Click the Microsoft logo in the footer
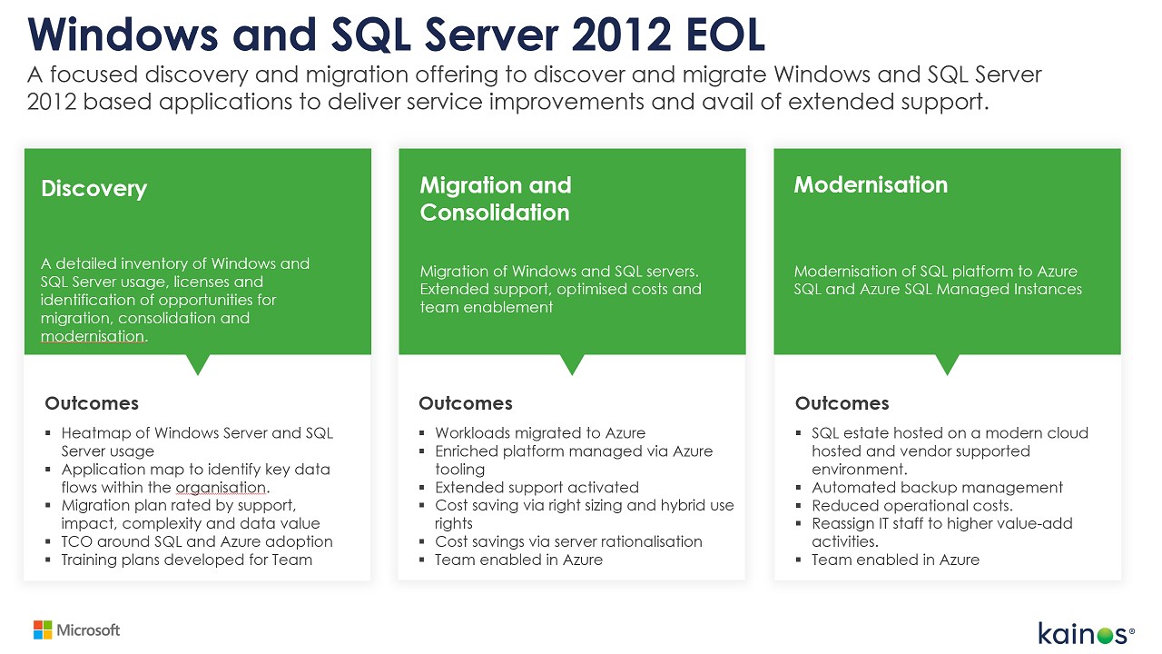click(x=76, y=629)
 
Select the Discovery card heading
click(x=94, y=189)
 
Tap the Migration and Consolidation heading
click(x=495, y=199)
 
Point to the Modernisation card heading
click(x=871, y=184)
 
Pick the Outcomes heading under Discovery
click(x=92, y=403)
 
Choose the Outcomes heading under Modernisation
click(x=842, y=403)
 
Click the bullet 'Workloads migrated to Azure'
click(x=540, y=433)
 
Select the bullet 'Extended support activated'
click(x=537, y=488)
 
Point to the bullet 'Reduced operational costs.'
click(x=911, y=506)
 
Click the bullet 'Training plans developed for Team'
click(x=186, y=560)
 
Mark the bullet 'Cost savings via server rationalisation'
click(x=568, y=541)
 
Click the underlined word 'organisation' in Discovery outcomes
click(x=213, y=488)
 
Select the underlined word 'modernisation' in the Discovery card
click(x=93, y=336)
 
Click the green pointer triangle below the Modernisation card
click(x=947, y=364)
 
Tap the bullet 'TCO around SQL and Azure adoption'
click(x=196, y=541)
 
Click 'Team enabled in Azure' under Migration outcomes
click(x=518, y=560)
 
